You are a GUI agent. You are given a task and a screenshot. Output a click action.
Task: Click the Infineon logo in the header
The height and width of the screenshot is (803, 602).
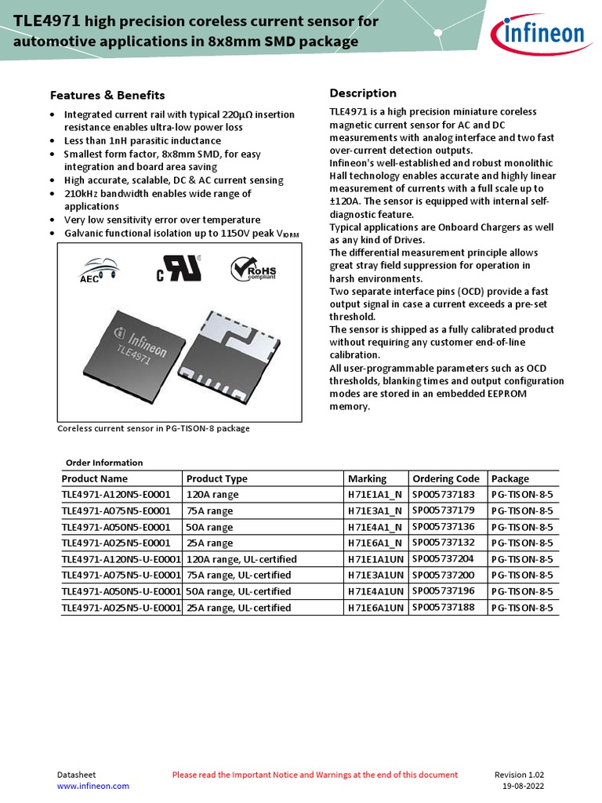click(x=538, y=34)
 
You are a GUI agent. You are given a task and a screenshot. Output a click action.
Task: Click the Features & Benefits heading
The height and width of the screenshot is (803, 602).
click(x=107, y=95)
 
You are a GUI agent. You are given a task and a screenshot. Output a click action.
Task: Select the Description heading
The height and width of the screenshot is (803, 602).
click(x=363, y=93)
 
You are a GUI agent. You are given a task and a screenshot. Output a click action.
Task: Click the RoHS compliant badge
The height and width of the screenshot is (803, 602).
click(x=253, y=270)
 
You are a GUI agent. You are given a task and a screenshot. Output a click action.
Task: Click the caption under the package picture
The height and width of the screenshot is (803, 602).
click(x=154, y=429)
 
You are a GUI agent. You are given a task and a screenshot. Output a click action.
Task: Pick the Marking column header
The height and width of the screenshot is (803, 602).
click(x=367, y=478)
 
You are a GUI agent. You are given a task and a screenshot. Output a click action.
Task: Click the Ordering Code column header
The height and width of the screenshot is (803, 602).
click(x=445, y=478)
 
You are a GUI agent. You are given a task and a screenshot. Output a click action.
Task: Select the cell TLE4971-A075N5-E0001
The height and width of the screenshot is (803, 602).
click(x=116, y=511)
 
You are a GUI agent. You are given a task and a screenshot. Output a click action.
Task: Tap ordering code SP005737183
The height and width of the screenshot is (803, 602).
click(x=444, y=495)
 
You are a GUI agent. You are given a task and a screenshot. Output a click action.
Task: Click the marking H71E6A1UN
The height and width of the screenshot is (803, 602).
click(x=375, y=608)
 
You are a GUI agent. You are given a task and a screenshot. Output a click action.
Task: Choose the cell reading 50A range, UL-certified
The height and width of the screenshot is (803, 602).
click(x=238, y=591)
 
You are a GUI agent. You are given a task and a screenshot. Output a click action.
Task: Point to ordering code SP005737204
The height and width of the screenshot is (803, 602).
click(x=444, y=559)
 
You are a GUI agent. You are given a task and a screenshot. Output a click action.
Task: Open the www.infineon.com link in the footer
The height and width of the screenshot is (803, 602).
click(x=93, y=786)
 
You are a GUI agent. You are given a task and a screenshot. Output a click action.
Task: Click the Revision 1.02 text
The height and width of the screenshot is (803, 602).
click(x=519, y=775)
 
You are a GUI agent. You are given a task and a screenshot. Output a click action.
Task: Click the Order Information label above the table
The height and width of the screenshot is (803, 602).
click(x=104, y=463)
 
